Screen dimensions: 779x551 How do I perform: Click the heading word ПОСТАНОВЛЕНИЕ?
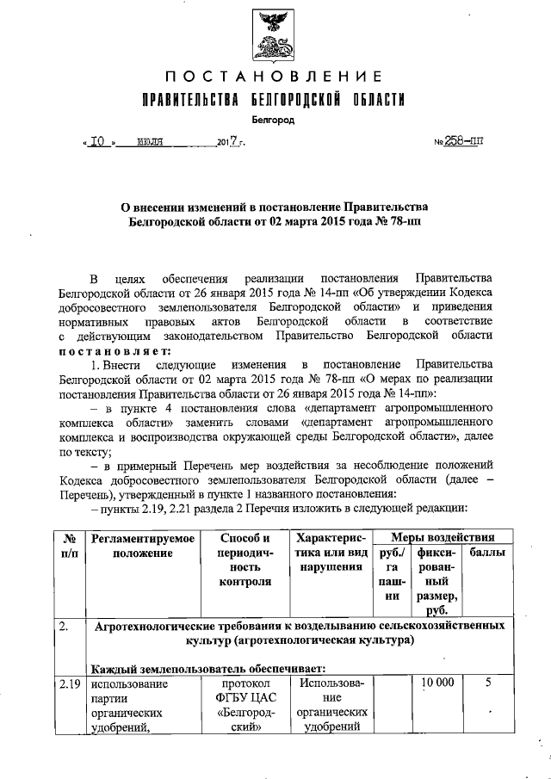pyautogui.click(x=274, y=80)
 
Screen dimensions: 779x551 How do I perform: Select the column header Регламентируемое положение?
pyautogui.click(x=142, y=546)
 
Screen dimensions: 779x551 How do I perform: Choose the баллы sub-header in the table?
pyautogui.click(x=487, y=553)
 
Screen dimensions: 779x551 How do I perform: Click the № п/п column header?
pyautogui.click(x=69, y=546)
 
